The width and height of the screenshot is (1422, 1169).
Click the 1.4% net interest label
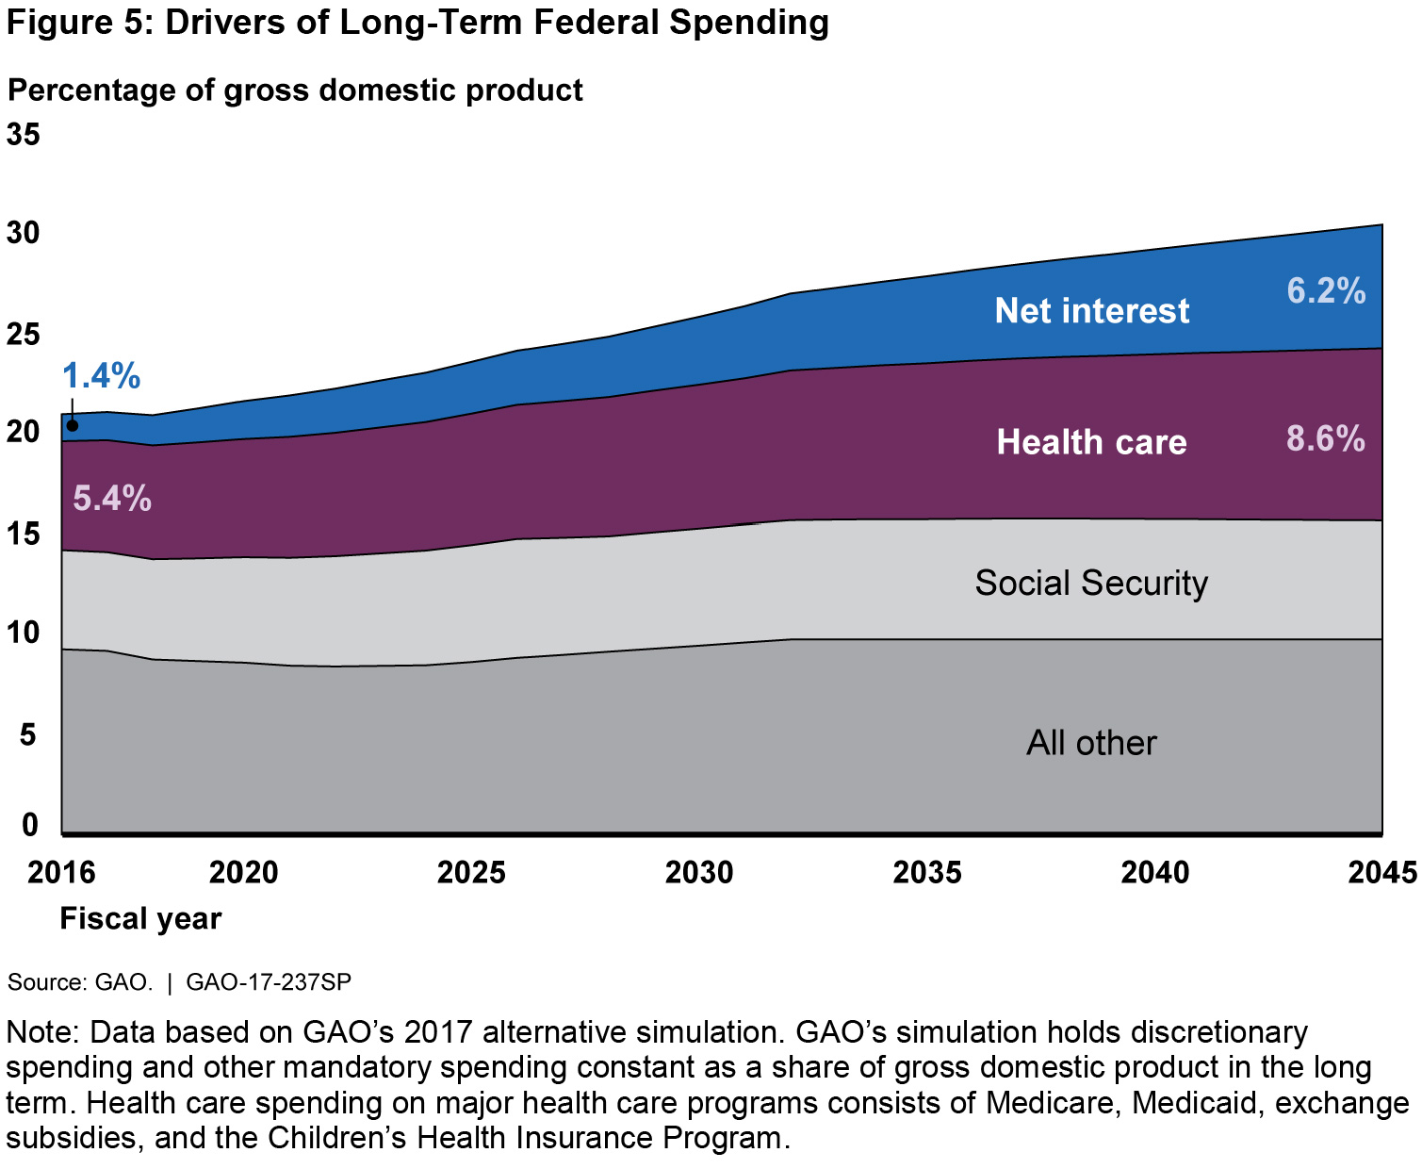[102, 376]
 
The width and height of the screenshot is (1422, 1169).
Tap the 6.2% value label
[1326, 291]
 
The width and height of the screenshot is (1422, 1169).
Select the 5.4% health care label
[112, 498]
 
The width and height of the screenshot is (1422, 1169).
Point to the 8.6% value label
[1325, 438]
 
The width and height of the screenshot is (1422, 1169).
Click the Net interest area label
[1091, 311]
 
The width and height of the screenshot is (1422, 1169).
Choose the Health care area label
[1091, 442]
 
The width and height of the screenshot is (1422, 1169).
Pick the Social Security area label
[1091, 583]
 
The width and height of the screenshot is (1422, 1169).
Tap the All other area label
[1091, 743]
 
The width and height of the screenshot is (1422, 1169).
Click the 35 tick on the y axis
[24, 135]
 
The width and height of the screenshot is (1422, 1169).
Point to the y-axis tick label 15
[24, 535]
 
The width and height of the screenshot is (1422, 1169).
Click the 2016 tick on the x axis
[61, 872]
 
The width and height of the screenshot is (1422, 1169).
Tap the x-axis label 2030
[698, 872]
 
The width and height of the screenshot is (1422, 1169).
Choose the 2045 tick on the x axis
[1382, 872]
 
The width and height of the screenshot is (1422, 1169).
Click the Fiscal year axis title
[140, 918]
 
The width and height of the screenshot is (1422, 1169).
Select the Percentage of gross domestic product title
[295, 91]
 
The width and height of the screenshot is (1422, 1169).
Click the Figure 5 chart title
[417, 23]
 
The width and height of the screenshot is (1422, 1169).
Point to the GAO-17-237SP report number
[269, 982]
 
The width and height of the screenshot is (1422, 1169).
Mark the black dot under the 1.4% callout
[73, 426]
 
